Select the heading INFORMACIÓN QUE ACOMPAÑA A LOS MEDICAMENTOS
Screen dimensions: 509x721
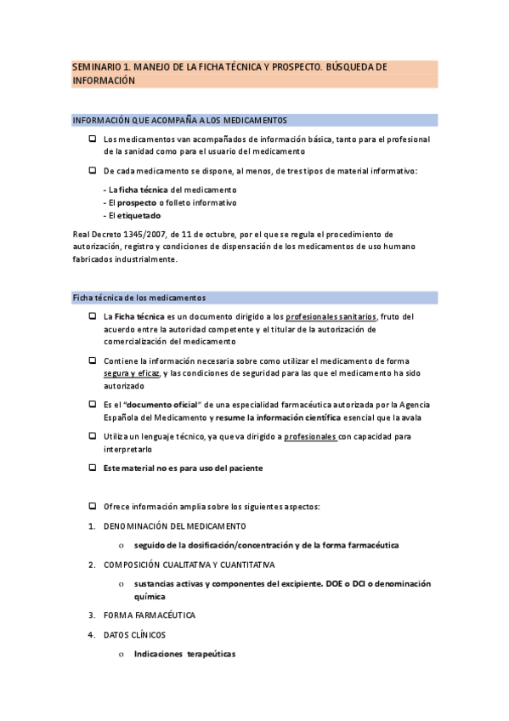(179, 121)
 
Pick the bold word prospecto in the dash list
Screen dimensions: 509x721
(136, 203)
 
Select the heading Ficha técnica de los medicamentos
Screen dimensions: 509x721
(139, 298)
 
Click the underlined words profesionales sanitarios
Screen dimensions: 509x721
(331, 316)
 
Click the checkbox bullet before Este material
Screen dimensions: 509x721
(92, 468)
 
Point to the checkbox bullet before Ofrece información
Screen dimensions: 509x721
(92, 506)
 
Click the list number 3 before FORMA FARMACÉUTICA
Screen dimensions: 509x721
(91, 615)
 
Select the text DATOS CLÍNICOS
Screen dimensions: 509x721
(134, 635)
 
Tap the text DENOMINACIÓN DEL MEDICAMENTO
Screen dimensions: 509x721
(174, 525)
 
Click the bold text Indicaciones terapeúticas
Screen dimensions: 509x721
(184, 655)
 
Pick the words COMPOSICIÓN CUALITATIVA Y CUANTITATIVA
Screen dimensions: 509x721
(189, 565)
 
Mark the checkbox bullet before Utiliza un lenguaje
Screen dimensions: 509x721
(92, 436)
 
